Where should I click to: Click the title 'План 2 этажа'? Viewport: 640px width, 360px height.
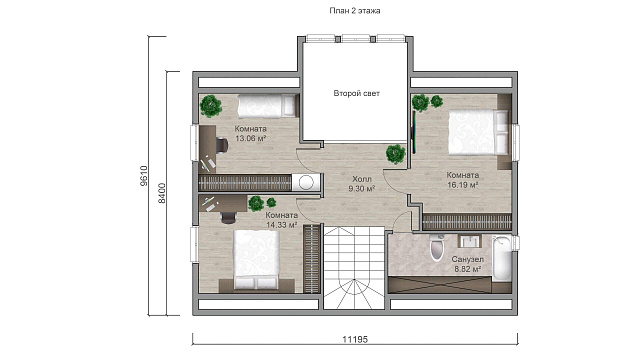[x=355, y=11]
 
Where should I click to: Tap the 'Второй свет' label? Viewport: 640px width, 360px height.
[x=356, y=93]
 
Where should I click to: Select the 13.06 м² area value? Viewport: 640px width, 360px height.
[x=251, y=138]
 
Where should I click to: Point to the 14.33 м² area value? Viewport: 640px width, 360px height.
[x=282, y=224]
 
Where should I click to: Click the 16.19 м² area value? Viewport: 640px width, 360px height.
[x=462, y=184]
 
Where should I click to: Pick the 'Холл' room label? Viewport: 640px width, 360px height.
[x=362, y=179]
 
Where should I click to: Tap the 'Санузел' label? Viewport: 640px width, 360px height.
[x=467, y=259]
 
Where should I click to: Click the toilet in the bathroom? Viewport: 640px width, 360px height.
[x=436, y=248]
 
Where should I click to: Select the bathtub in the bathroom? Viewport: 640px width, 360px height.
[x=502, y=258]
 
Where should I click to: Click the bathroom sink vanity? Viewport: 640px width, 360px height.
[x=471, y=241]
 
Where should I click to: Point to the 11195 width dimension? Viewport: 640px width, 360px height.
[x=355, y=339]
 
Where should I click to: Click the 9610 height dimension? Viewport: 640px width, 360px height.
[x=144, y=176]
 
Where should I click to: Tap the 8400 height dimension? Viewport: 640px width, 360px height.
[x=162, y=193]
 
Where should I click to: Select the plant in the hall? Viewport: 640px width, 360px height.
[x=396, y=154]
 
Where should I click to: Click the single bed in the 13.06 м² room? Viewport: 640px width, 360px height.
[x=268, y=105]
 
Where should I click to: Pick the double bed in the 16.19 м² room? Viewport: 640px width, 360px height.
[x=479, y=132]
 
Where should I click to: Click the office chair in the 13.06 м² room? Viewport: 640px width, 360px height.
[x=221, y=145]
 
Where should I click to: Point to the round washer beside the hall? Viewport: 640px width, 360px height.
[x=306, y=182]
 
